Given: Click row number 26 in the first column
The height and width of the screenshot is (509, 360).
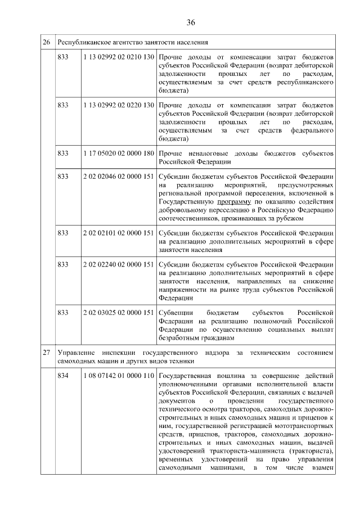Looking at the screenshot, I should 47,42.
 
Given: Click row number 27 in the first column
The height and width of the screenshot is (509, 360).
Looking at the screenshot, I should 47,352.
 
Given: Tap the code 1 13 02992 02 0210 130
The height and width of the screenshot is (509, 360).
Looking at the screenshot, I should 118,57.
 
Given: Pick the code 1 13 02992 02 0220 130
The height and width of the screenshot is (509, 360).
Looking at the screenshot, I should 118,105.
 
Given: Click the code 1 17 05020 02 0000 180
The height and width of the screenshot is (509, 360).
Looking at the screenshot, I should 118,153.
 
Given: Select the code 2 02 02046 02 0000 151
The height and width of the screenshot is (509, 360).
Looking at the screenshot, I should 118,177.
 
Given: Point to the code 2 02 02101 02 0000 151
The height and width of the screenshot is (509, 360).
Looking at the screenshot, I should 118,232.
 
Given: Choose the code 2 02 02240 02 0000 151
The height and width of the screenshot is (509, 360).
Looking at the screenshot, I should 118,264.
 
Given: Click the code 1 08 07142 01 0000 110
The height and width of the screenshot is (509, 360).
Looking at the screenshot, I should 118,376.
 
